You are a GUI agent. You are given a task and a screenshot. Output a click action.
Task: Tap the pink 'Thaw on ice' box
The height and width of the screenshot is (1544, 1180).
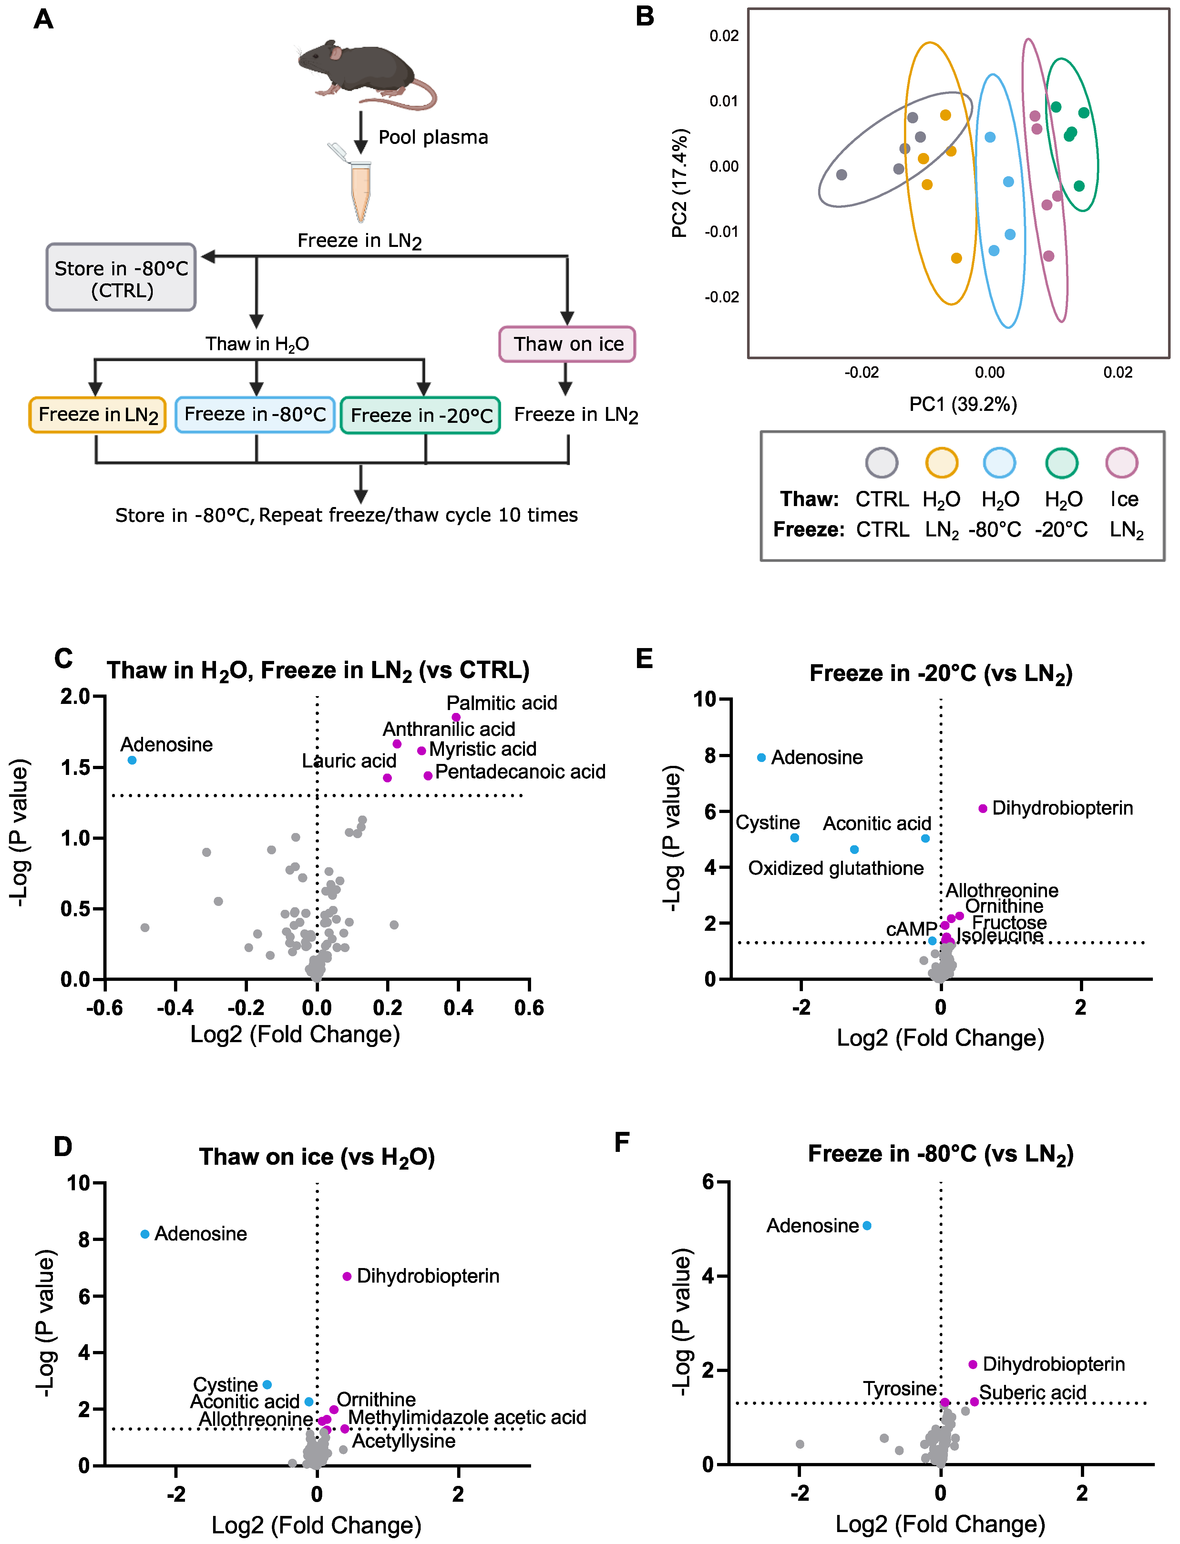(x=568, y=344)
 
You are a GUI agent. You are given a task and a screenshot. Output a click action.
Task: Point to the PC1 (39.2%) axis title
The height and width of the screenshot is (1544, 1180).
(x=962, y=404)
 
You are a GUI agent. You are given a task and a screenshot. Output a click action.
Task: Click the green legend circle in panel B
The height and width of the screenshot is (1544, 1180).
(x=1061, y=463)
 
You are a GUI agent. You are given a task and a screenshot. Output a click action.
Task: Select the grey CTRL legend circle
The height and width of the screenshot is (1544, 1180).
(x=881, y=463)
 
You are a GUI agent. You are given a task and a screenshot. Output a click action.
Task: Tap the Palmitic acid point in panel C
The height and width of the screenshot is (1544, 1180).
(x=456, y=717)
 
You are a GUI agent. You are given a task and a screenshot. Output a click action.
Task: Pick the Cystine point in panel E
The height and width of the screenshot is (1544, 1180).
(x=795, y=838)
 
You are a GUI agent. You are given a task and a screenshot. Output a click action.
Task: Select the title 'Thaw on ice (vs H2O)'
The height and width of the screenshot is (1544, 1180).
(x=317, y=1157)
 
